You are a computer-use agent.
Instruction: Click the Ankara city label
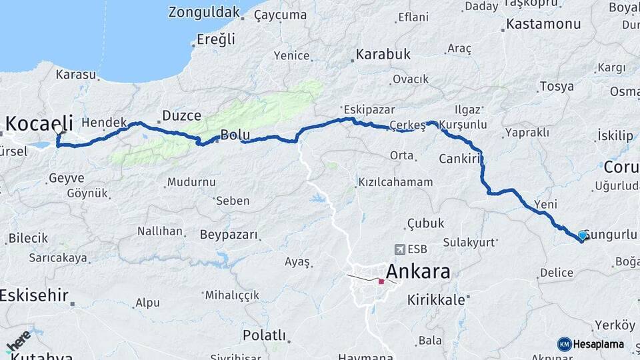coord(418,272)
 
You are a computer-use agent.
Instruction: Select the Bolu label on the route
coord(235,135)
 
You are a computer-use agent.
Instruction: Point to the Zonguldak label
coord(203,12)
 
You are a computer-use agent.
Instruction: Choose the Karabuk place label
coord(383,55)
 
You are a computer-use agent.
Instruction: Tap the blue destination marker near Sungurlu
coord(583,235)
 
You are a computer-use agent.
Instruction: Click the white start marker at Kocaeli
coord(59,130)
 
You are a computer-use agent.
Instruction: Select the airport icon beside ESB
coord(399,249)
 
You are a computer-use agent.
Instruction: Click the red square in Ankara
coord(381,281)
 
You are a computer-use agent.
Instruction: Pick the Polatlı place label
coord(264,335)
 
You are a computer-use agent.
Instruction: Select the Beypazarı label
coord(229,235)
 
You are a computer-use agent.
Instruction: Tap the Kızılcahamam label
coord(395,182)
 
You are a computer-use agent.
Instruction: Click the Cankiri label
coord(460,159)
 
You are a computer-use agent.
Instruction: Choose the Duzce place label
coord(181,116)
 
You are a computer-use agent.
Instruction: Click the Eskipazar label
coord(369,109)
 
